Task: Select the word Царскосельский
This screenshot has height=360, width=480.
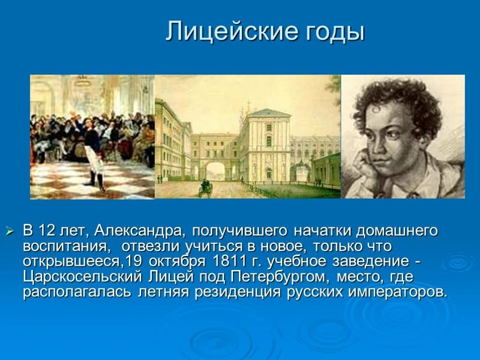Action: (82, 277)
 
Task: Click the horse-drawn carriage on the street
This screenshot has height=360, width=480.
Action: (205, 187)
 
